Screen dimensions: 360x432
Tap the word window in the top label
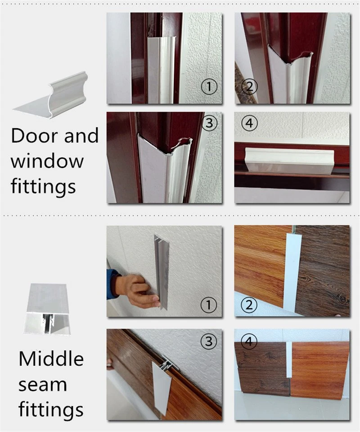47,162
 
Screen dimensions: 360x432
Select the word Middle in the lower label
51,359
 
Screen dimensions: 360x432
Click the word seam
42,385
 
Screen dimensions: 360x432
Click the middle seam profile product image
48,309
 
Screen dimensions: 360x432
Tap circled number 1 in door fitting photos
209,86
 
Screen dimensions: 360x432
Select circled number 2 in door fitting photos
249,86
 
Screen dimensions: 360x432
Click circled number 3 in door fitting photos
209,123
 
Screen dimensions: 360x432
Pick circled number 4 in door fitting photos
249,123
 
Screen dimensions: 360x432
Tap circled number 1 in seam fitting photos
208,305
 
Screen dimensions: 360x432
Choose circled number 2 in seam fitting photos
249,305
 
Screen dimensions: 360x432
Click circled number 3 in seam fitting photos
208,342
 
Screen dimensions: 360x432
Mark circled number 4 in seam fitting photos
249,342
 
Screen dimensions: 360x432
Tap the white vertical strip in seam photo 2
292,273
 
